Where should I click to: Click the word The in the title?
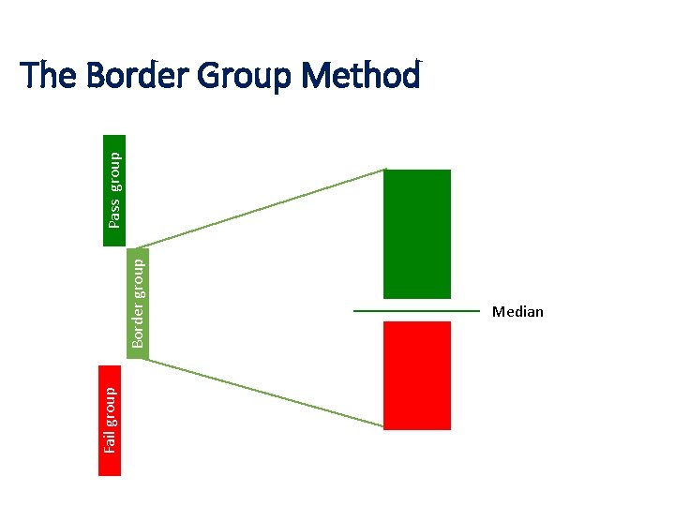(48, 75)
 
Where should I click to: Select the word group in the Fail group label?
(111, 404)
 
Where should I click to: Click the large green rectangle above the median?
(417, 233)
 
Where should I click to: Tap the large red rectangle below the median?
(417, 375)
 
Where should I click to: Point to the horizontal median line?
(416, 310)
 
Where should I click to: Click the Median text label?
(517, 312)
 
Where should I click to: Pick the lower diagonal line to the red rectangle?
(267, 394)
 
